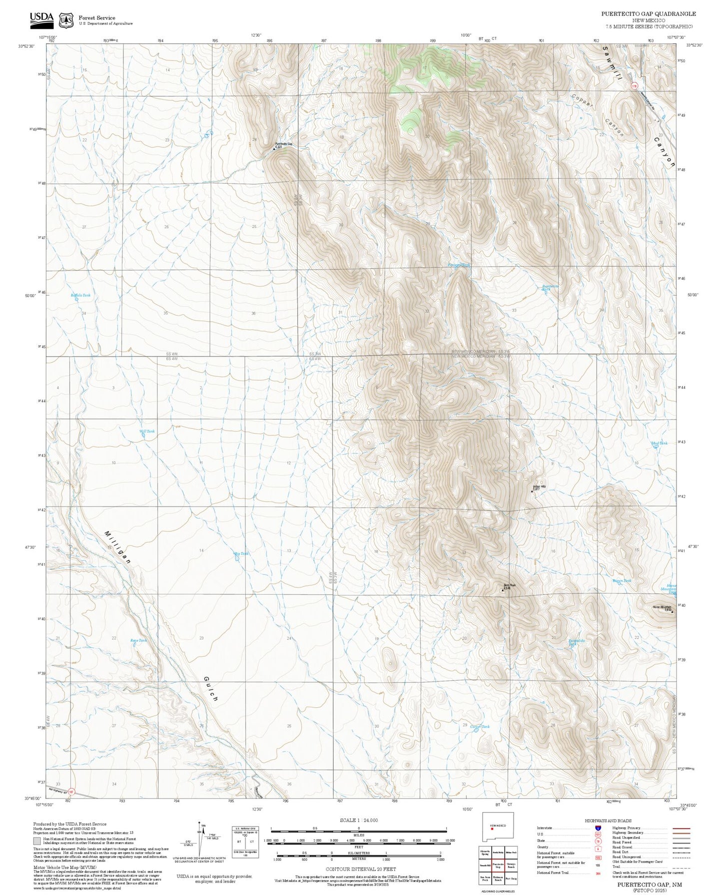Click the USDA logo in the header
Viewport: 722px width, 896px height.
tap(41, 18)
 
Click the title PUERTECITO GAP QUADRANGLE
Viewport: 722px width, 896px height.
tap(648, 14)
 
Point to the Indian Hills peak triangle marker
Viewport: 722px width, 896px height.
tap(532, 491)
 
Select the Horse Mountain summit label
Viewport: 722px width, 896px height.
tap(662, 607)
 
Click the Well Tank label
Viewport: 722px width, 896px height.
tap(147, 431)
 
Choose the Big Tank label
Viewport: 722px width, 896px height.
tap(241, 553)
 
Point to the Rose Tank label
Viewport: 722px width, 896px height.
tap(139, 640)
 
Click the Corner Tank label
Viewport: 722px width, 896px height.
tap(480, 727)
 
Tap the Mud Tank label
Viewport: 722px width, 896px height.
tap(659, 443)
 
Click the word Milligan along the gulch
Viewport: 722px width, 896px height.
tap(118, 547)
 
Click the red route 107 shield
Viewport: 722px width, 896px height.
tap(71, 792)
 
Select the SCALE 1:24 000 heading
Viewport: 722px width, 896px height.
tap(359, 820)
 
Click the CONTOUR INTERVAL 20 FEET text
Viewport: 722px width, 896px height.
tap(360, 869)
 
